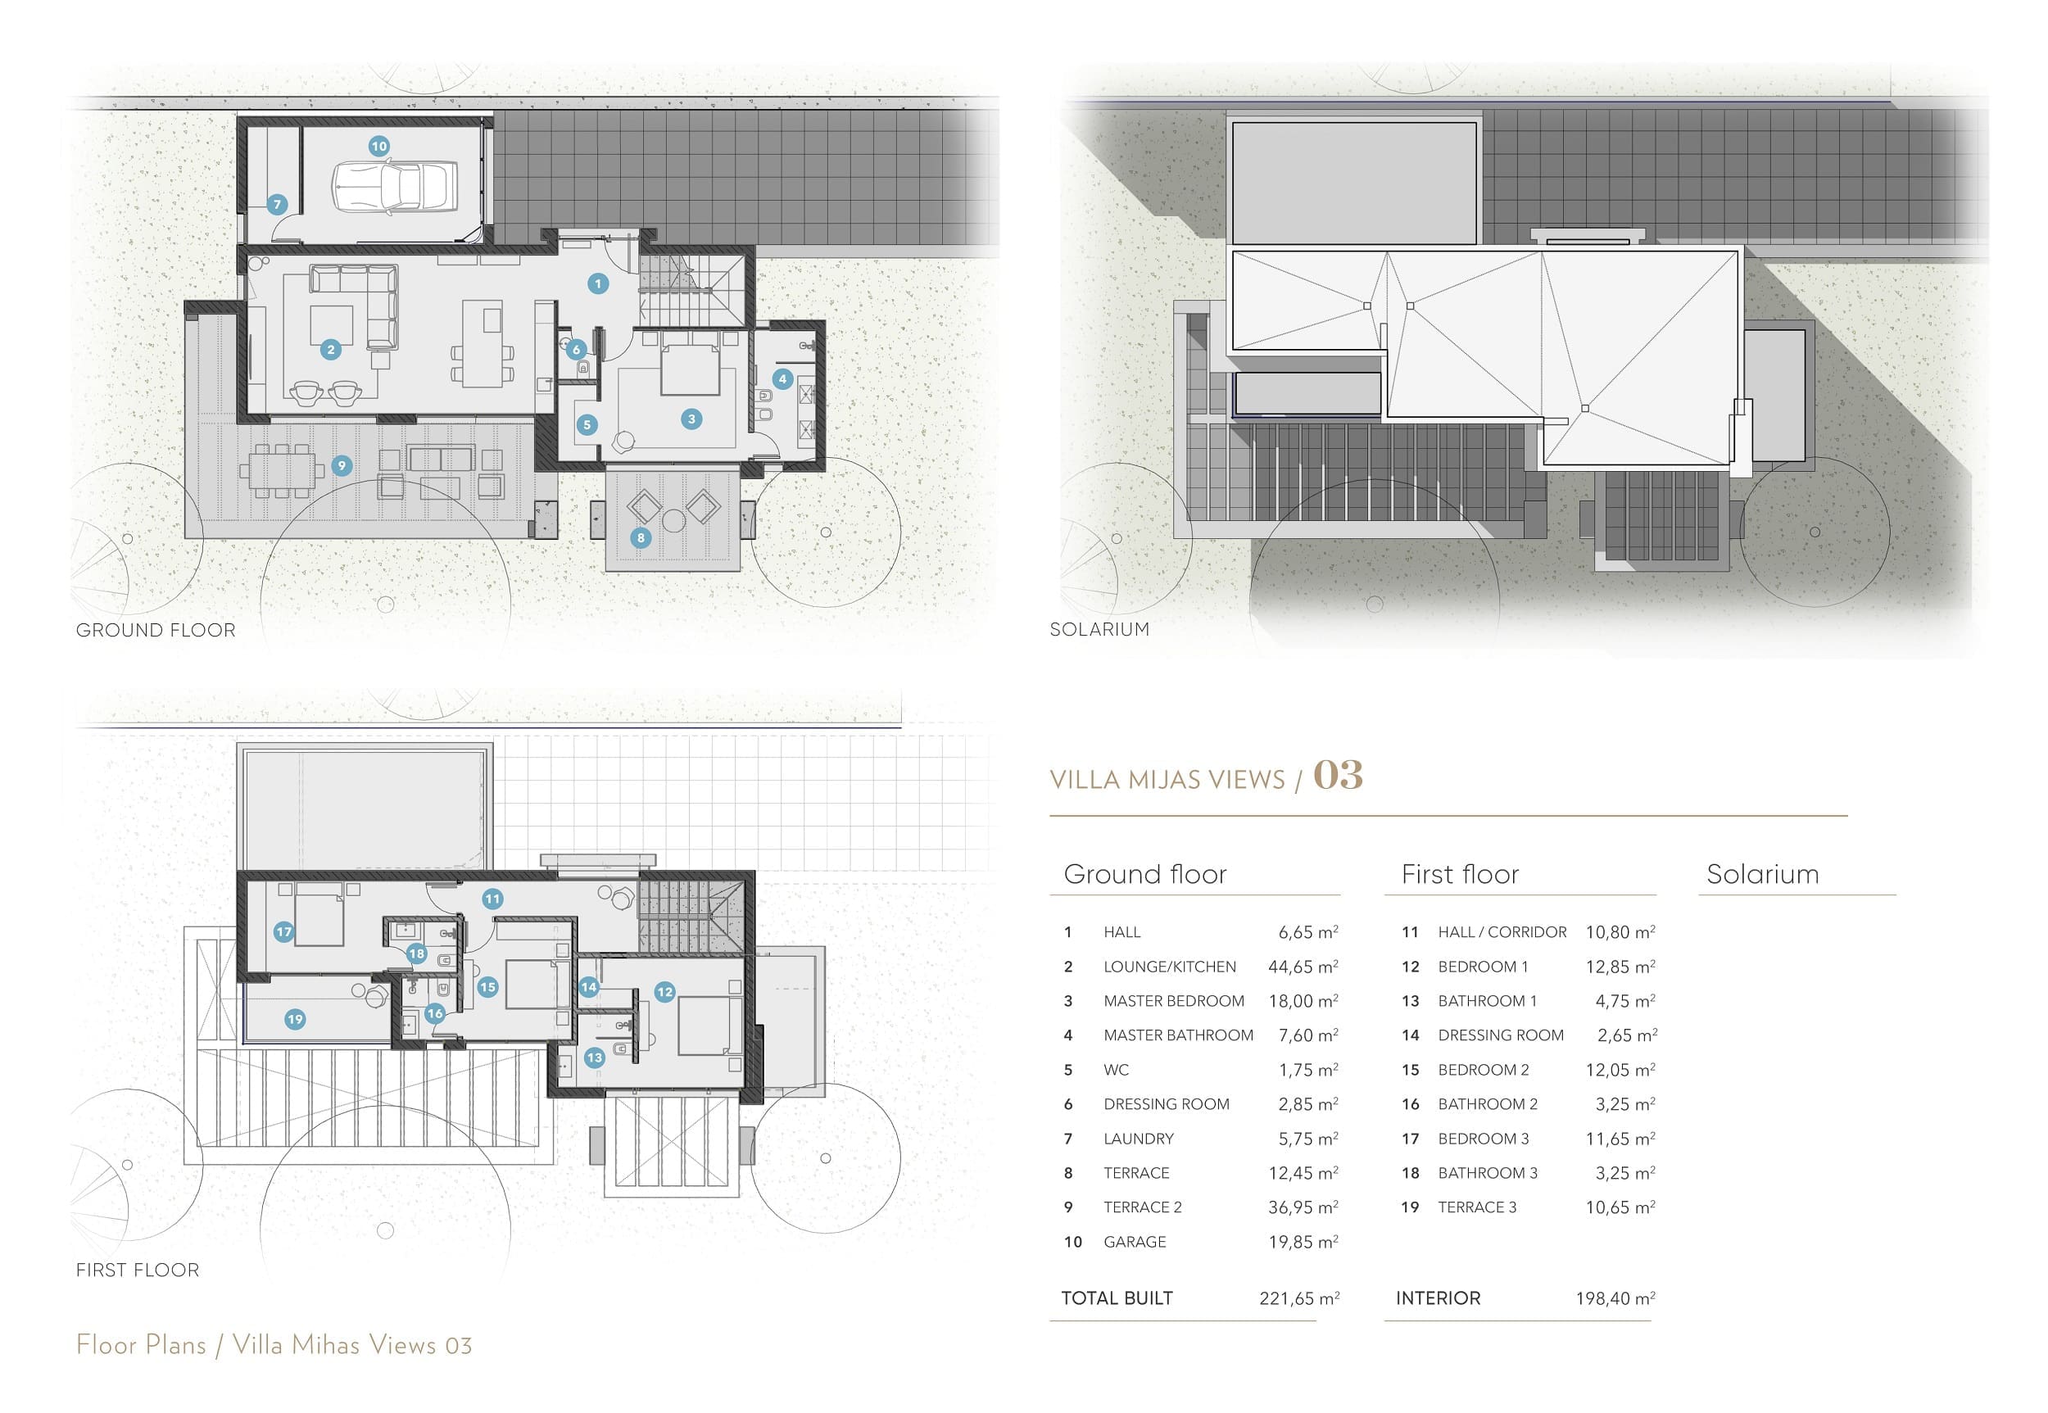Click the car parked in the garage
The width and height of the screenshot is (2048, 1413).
395,187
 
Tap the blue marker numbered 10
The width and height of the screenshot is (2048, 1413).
379,146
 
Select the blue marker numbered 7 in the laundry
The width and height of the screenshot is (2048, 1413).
277,205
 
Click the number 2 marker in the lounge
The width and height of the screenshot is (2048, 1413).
331,350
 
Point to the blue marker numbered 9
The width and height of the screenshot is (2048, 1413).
342,466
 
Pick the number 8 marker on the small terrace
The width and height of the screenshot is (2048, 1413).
641,537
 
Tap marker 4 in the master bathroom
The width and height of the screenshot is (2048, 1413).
782,379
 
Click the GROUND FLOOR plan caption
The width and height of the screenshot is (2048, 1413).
156,631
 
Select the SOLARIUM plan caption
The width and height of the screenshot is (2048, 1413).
1099,629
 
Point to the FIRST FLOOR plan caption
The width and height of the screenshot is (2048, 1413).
138,1270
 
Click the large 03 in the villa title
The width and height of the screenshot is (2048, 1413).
1338,775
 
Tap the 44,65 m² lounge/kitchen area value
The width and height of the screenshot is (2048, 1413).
1303,967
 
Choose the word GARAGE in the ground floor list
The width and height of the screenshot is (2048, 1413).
1135,1242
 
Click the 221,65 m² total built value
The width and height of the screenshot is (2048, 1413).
1300,1299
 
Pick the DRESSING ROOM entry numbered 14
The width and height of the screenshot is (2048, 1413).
1501,1035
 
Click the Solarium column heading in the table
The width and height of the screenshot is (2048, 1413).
1763,874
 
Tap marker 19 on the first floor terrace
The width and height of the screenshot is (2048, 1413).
295,1019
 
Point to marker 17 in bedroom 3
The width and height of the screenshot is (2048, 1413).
283,931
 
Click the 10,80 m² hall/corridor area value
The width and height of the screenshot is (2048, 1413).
1620,932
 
